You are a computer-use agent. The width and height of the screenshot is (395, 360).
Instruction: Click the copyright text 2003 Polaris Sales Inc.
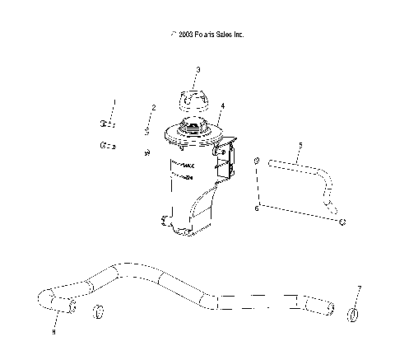[x=207, y=35]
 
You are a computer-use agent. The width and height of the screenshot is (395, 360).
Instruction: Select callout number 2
[x=153, y=108]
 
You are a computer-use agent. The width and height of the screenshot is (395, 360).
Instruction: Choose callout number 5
[x=300, y=145]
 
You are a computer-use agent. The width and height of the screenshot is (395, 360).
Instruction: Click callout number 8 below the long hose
[x=54, y=332]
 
